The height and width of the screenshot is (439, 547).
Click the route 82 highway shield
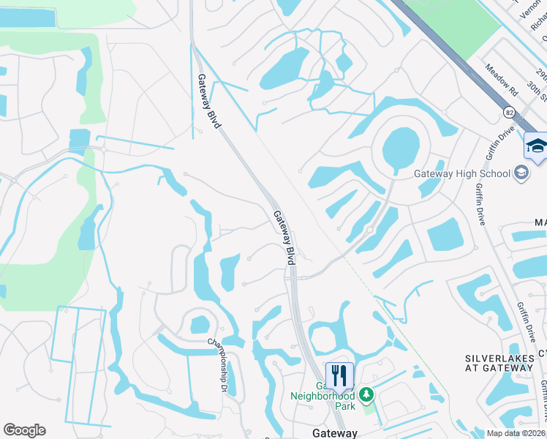click(x=508, y=112)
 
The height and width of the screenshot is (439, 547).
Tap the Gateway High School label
click(x=462, y=173)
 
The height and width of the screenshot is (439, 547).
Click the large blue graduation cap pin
click(x=536, y=145)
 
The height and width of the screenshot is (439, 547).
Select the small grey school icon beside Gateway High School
click(x=521, y=173)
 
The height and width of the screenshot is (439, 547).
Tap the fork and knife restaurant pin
click(x=339, y=375)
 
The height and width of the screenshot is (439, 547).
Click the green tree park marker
click(x=366, y=395)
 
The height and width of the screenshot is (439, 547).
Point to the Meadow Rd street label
click(x=502, y=77)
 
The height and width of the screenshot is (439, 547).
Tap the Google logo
click(x=24, y=430)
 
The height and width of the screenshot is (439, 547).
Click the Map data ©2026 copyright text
click(x=516, y=433)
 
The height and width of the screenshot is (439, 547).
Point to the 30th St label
click(x=537, y=92)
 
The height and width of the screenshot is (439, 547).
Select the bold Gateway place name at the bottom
click(x=334, y=432)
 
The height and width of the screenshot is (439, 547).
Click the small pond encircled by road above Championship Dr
click(x=200, y=323)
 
